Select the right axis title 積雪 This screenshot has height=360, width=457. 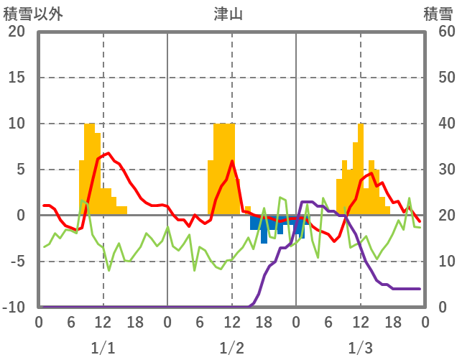point(438,14)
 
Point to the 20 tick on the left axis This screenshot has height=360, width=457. point(17,32)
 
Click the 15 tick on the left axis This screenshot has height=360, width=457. point(17,78)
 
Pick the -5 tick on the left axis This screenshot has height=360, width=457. point(17,262)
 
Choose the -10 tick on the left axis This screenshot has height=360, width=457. point(14,308)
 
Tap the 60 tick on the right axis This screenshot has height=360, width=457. point(438,32)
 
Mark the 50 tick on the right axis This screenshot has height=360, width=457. point(438,78)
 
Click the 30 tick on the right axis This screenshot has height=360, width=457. point(438,170)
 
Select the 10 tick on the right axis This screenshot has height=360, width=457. point(438,262)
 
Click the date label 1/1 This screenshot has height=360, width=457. point(103,349)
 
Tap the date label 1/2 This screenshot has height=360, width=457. point(231,349)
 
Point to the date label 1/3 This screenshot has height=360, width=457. point(360,349)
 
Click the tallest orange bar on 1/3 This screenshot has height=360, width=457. point(361,169)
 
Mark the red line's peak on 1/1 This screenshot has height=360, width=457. point(108,153)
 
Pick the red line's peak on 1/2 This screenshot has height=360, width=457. point(232,161)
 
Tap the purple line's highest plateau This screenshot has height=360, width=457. point(307,202)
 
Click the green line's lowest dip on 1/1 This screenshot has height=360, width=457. point(109,269)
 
